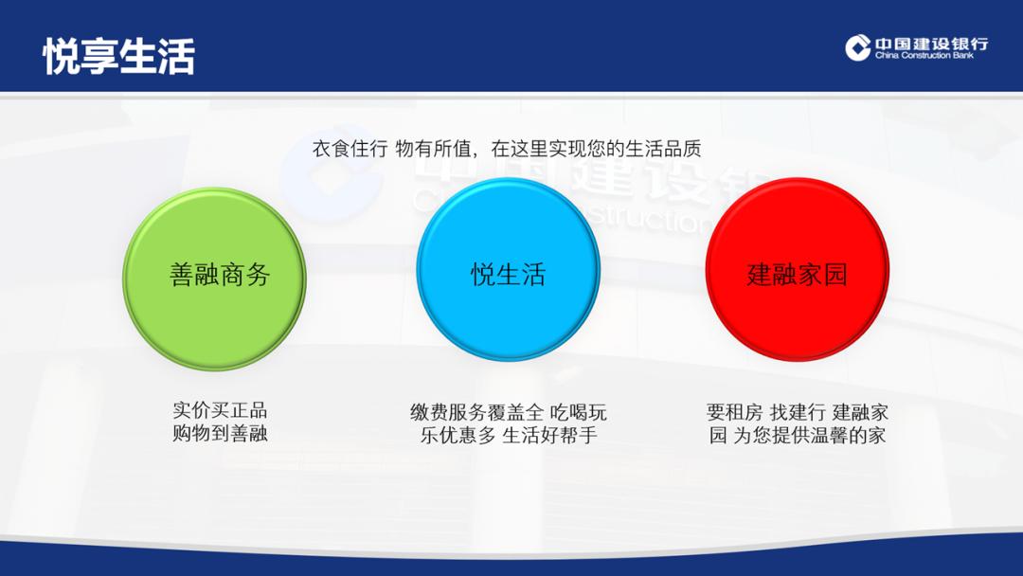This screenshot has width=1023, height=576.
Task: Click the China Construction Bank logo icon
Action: [x=858, y=47]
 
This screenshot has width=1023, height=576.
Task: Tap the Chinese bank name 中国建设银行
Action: [x=930, y=43]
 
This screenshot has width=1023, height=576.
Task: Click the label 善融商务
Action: [x=220, y=275]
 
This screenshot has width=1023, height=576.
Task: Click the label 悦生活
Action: [x=509, y=275]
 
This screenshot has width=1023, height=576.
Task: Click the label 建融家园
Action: [x=797, y=275]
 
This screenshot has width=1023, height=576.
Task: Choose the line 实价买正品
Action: [x=220, y=411]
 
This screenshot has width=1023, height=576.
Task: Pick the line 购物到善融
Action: [x=220, y=435]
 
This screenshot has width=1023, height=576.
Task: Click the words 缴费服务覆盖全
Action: [x=477, y=413]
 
